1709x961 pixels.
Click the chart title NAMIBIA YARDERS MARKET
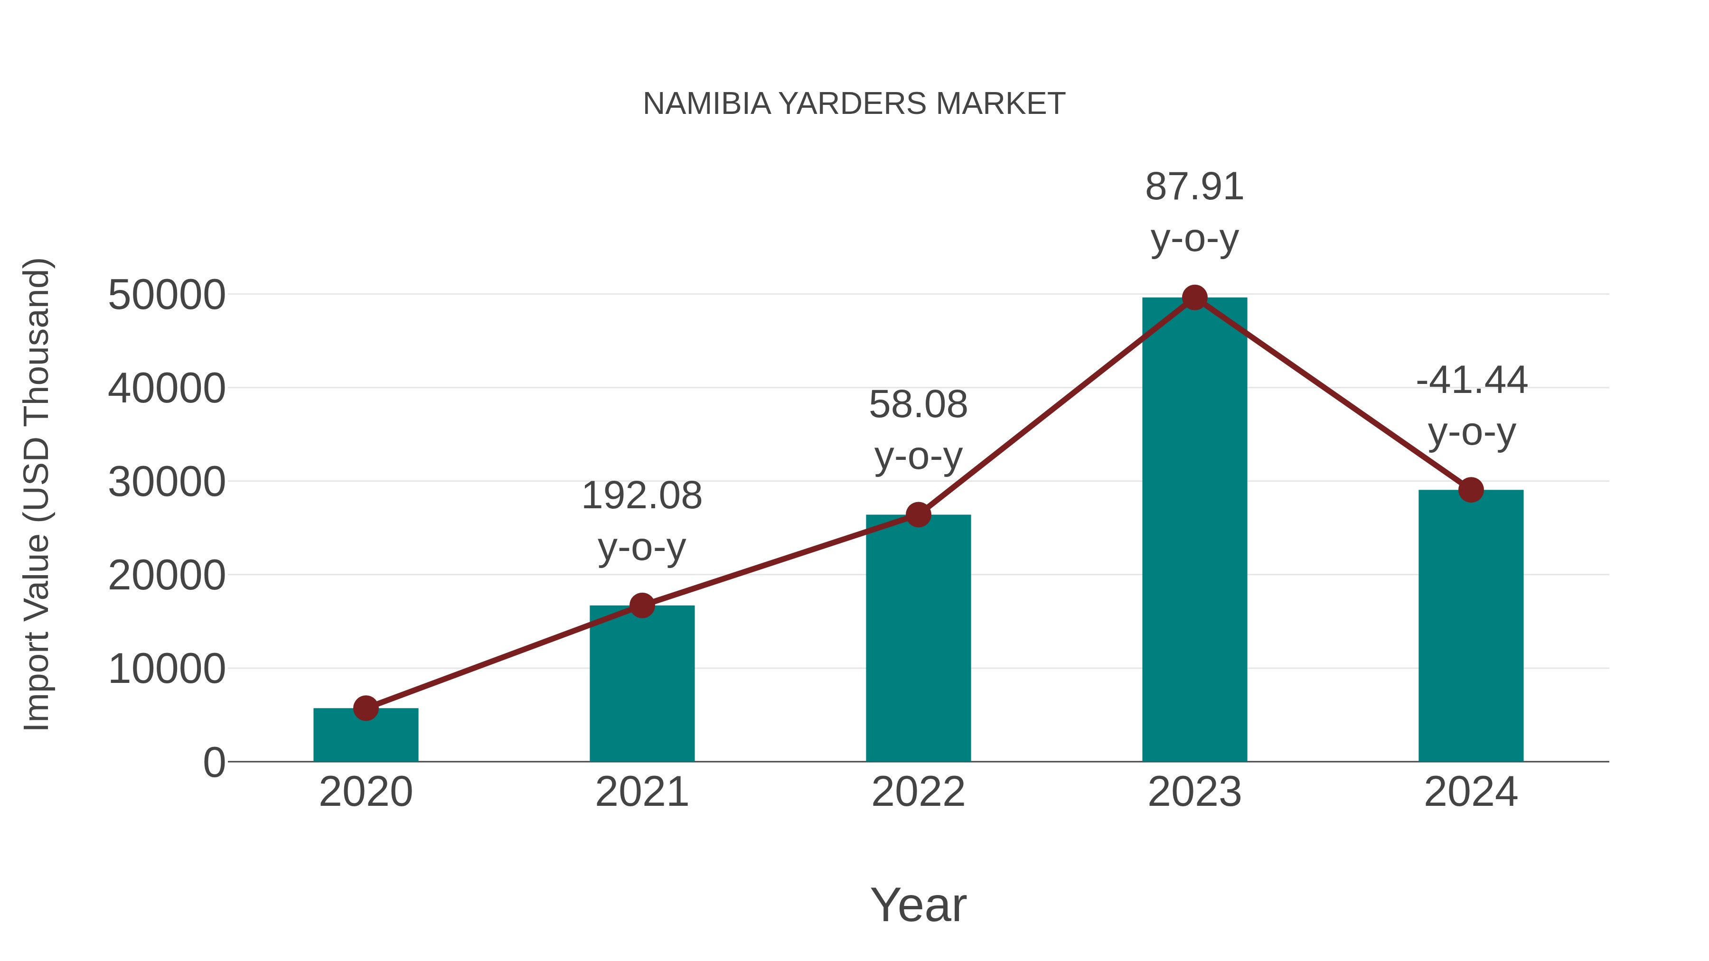pyautogui.click(x=854, y=104)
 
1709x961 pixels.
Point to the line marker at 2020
pyautogui.click(x=366, y=709)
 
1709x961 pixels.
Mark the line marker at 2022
pyautogui.click(x=918, y=514)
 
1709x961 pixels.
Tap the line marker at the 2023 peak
pyautogui.click(x=1194, y=298)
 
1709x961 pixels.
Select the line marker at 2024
pyautogui.click(x=1471, y=490)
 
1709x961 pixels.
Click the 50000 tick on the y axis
pyautogui.click(x=167, y=295)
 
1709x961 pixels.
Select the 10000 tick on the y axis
pyautogui.click(x=167, y=669)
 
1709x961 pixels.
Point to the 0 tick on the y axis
pyautogui.click(x=214, y=763)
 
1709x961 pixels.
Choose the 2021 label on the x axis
pyautogui.click(x=641, y=792)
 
